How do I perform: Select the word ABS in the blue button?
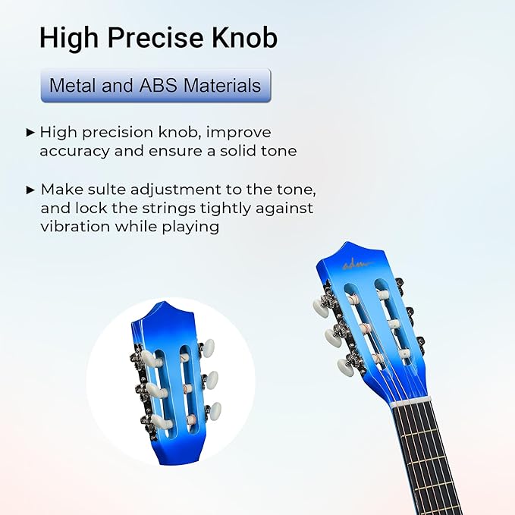(158, 86)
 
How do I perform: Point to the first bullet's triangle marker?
(30, 133)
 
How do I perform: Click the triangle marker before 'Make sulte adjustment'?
(30, 189)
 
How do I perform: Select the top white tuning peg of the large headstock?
(320, 306)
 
